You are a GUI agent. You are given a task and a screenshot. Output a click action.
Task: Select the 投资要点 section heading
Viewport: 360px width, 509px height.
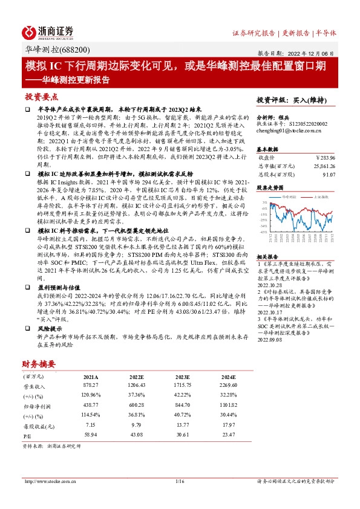click(41, 97)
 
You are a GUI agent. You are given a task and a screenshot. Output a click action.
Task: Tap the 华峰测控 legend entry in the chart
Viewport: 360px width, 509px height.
click(283, 197)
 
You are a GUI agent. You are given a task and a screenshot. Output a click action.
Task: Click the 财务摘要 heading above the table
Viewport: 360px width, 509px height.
click(39, 364)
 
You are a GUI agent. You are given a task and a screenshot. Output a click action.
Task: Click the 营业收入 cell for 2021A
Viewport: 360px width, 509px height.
click(91, 386)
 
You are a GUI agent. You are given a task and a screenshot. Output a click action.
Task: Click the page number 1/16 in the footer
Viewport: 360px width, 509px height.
click(179, 481)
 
